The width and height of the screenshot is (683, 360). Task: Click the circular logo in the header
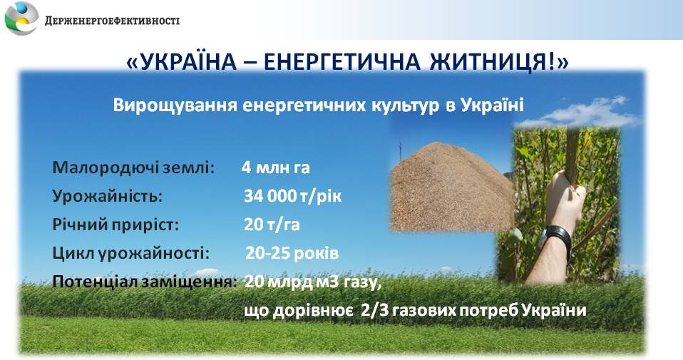pos(21,19)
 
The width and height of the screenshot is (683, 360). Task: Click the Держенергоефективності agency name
pos(112,21)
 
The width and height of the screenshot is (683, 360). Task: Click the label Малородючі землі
pos(134,168)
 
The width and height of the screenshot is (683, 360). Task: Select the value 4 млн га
pos(276,168)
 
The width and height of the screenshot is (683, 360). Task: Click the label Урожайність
pos(107,196)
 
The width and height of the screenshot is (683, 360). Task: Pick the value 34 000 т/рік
pos(293,196)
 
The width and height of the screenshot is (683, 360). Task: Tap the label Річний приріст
pos(115,225)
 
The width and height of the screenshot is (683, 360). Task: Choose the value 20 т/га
pos(272,225)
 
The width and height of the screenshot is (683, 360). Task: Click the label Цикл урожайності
pos(130,253)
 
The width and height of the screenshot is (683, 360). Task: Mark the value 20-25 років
pos(292,253)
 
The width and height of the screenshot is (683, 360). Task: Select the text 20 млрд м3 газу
pos(313,282)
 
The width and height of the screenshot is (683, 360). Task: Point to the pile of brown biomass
pos(452,187)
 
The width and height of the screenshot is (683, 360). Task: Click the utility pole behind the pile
pos(400,152)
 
